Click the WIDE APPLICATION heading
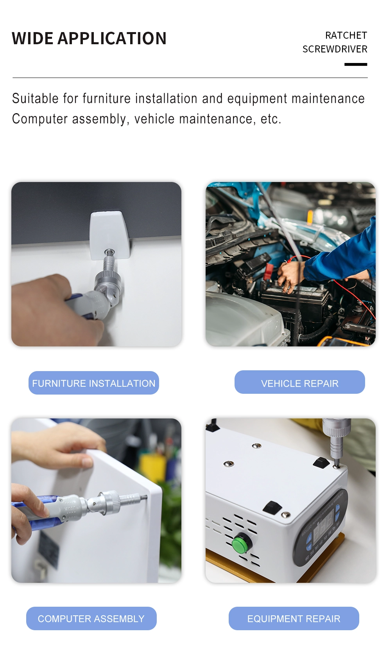click(x=89, y=38)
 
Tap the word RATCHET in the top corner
click(x=346, y=36)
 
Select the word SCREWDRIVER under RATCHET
click(x=335, y=49)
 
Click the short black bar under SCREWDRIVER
click(x=356, y=64)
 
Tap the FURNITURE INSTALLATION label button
click(x=93, y=383)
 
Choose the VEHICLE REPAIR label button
click(x=299, y=382)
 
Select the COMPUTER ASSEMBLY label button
click(x=91, y=618)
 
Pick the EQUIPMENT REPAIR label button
click(x=294, y=618)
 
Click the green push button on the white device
click(x=242, y=543)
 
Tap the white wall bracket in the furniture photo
click(x=109, y=235)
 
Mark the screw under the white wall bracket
click(x=109, y=252)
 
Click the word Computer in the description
click(x=40, y=119)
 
